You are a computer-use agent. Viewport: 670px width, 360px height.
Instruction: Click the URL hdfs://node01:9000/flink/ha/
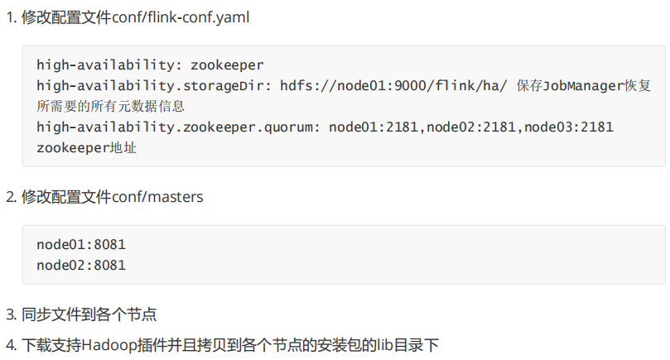[393, 85]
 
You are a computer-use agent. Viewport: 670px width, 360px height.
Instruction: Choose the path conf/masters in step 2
[162, 197]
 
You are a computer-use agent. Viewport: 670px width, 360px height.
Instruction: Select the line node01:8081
[81, 245]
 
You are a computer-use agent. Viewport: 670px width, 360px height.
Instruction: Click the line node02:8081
[81, 266]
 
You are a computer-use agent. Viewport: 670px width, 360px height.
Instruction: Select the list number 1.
[9, 17]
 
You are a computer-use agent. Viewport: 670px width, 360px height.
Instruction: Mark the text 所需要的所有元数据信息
[110, 106]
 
